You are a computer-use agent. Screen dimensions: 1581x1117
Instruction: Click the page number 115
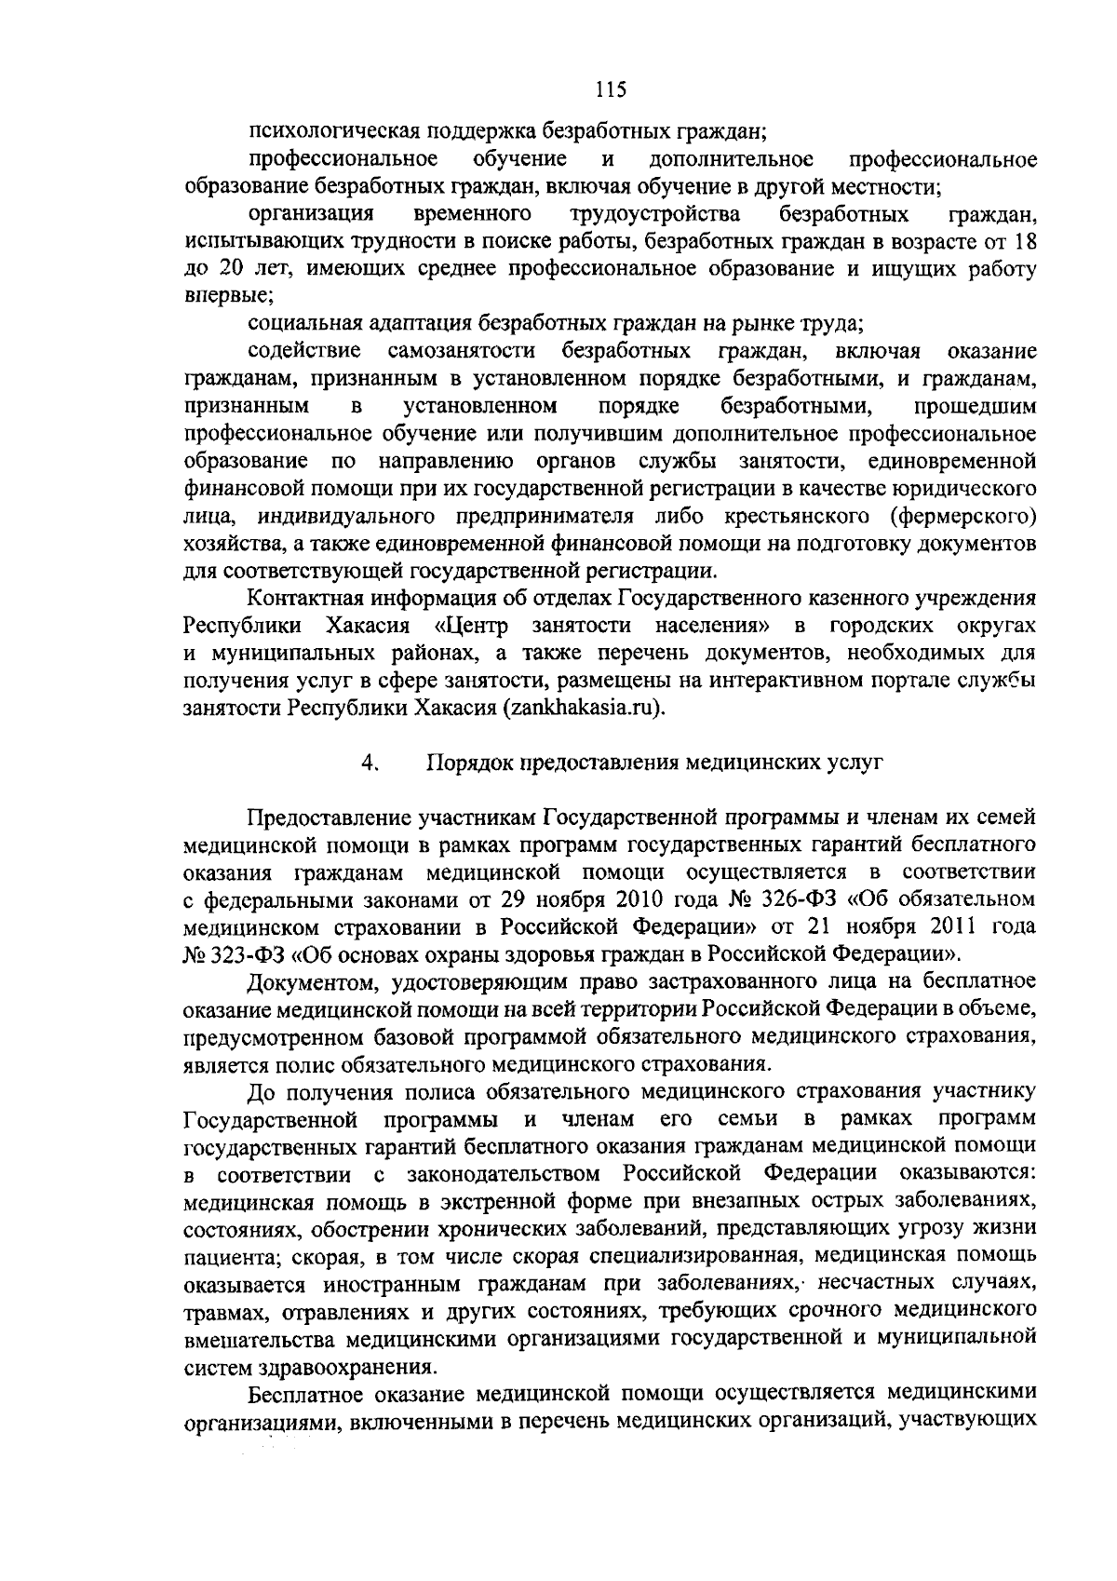[x=611, y=89]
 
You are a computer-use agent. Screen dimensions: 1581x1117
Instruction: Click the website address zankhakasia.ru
[x=582, y=707]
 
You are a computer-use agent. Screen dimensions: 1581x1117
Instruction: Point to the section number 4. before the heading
[x=369, y=763]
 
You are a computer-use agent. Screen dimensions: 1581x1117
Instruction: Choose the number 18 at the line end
[x=1025, y=241]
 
